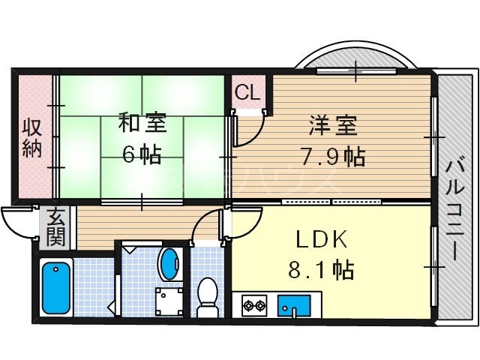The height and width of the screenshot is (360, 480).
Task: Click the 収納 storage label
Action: point(31,136)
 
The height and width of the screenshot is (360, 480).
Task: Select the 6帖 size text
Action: point(142,155)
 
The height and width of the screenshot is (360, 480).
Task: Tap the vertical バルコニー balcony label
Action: point(455,208)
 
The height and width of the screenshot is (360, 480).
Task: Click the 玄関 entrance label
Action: point(56,229)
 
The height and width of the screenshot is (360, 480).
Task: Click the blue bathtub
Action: point(56,286)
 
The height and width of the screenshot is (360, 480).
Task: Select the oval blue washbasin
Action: point(170,263)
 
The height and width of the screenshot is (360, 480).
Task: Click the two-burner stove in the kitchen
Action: point(254,305)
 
